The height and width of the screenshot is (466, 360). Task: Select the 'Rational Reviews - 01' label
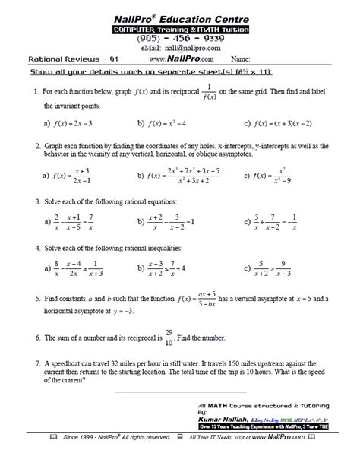pyautogui.click(x=63, y=58)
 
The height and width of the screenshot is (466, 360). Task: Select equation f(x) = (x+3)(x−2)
pyautogui.click(x=285, y=122)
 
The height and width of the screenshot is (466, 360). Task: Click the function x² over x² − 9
pyautogui.click(x=280, y=176)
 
